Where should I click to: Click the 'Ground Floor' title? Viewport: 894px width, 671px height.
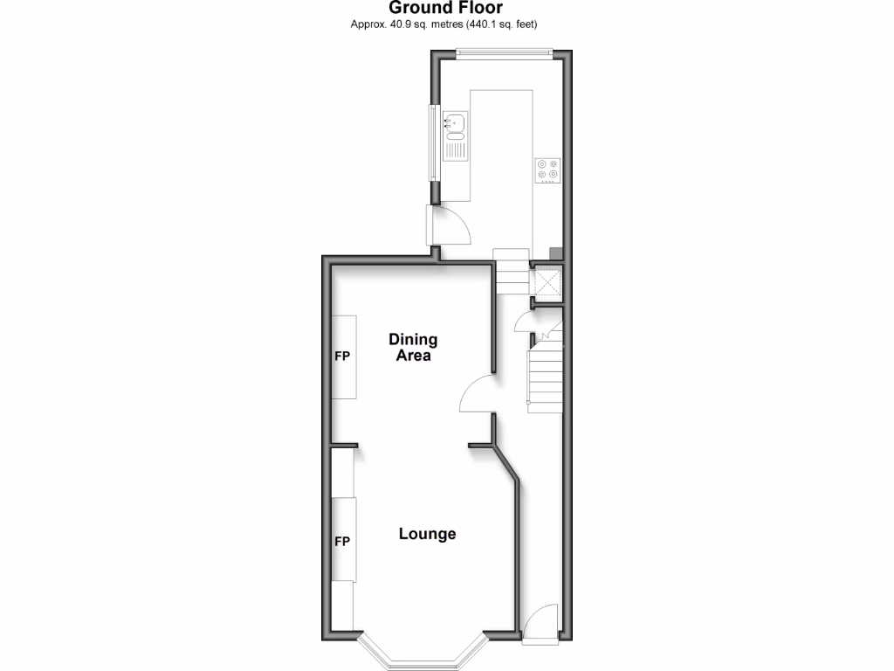pyautogui.click(x=446, y=8)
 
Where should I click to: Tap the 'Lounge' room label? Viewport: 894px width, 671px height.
pyautogui.click(x=428, y=534)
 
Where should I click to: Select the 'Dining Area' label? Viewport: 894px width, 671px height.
pyautogui.click(x=413, y=348)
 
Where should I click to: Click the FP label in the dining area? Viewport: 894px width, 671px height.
pyautogui.click(x=342, y=356)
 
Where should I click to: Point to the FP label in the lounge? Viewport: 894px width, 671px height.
pyautogui.click(x=342, y=542)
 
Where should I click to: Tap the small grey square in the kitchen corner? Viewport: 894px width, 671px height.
pyautogui.click(x=555, y=253)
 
